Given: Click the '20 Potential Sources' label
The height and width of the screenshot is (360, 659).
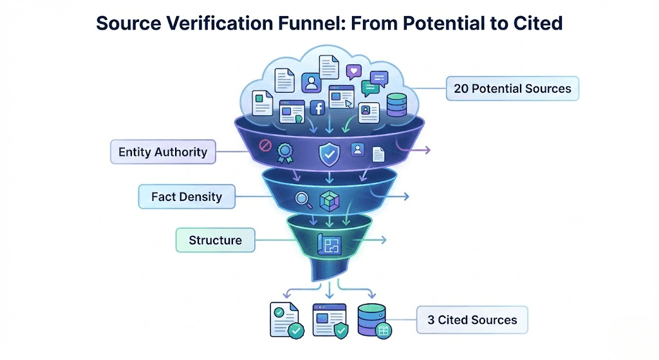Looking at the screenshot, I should (x=512, y=89).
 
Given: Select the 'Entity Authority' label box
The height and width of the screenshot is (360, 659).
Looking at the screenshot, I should (x=163, y=153).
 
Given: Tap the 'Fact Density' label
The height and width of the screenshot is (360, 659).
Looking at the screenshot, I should (x=187, y=196).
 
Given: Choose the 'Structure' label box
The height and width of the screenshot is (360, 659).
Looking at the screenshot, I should (x=215, y=240).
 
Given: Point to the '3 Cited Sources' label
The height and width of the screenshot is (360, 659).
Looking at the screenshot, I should (x=472, y=319).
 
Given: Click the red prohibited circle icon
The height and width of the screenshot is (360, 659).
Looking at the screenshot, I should (x=263, y=146).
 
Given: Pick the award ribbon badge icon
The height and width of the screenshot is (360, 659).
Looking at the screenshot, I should (x=284, y=153).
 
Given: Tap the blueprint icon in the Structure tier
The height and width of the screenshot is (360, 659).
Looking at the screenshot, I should (x=329, y=244).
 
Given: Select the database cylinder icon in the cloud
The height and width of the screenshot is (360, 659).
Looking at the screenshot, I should (x=397, y=104).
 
